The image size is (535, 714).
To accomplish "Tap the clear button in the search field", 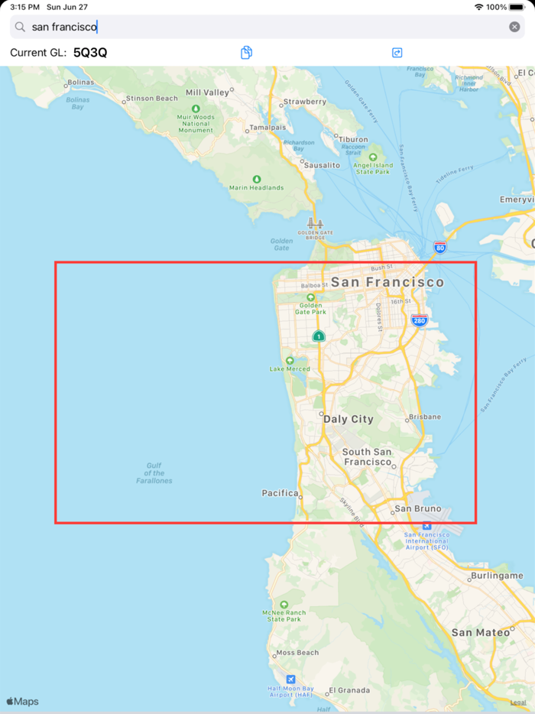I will pyautogui.click(x=514, y=27).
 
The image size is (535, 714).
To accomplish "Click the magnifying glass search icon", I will pyautogui.click(x=21, y=27).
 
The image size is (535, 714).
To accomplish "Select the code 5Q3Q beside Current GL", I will pyautogui.click(x=90, y=53).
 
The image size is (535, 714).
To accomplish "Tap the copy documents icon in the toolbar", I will pyautogui.click(x=246, y=53).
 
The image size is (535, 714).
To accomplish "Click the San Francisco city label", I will pyautogui.click(x=387, y=282).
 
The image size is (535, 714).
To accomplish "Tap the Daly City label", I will pyautogui.click(x=349, y=419).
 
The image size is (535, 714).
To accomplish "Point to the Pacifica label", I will pyautogui.click(x=280, y=493).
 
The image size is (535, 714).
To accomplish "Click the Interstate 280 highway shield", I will pyautogui.click(x=418, y=321).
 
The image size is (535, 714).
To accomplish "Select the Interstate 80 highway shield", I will pyautogui.click(x=439, y=248).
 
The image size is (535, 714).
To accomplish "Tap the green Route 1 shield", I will pyautogui.click(x=319, y=336).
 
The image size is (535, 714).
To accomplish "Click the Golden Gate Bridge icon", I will pyautogui.click(x=311, y=223).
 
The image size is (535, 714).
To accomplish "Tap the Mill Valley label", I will pyautogui.click(x=207, y=92).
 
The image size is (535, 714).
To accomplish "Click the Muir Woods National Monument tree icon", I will pyautogui.click(x=196, y=109).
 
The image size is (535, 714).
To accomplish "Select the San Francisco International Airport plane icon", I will pyautogui.click(x=426, y=526).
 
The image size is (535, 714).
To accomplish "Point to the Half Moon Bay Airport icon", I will pyautogui.click(x=290, y=679).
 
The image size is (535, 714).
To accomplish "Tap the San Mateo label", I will pyautogui.click(x=480, y=632).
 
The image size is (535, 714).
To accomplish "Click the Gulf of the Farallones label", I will pyautogui.click(x=154, y=473).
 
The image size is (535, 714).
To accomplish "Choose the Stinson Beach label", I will pyautogui.click(x=151, y=99).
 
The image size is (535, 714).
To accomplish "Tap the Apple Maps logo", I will pyautogui.click(x=22, y=702).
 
